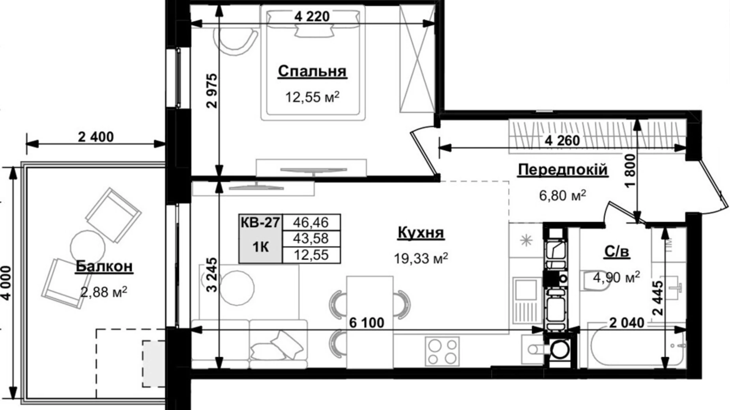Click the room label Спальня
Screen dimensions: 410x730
click(312, 71)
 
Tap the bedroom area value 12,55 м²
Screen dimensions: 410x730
click(312, 97)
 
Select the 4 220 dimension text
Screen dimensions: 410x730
click(312, 17)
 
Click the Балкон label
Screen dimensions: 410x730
click(104, 266)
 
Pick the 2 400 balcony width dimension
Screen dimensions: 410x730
click(95, 137)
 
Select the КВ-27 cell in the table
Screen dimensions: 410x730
click(260, 223)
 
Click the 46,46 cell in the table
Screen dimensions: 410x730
click(311, 222)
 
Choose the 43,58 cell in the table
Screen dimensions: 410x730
click(311, 239)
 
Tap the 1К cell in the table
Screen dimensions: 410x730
click(260, 247)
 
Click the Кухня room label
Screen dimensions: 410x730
click(421, 232)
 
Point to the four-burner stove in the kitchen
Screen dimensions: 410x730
click(442, 351)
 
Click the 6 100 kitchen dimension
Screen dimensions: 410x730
click(367, 323)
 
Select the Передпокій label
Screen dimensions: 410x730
click(562, 170)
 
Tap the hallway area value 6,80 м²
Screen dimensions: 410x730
click(562, 195)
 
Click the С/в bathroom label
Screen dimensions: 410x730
click(616, 252)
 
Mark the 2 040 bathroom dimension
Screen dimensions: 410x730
click(627, 323)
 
